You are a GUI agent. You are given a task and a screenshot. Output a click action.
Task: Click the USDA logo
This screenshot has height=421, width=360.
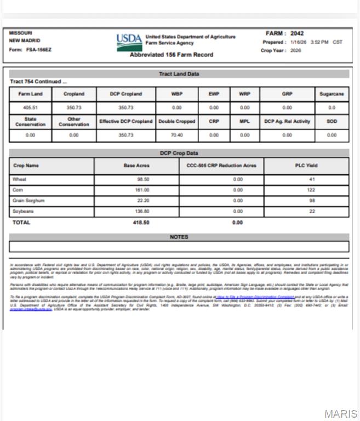pos(129,41)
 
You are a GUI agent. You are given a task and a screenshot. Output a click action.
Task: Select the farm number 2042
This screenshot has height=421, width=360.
pos(297,33)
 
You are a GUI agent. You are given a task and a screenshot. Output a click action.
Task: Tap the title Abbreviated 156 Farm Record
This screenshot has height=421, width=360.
pos(172,55)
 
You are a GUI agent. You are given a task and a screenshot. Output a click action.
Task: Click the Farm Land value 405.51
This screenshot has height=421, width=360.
pos(30,108)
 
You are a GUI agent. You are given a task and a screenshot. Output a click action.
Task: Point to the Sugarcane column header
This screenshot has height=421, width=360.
pos(332,94)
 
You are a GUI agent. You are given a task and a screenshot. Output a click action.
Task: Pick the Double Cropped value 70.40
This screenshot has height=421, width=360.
pos(176,135)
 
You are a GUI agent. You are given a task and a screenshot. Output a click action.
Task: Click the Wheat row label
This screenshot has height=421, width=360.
pos(20,179)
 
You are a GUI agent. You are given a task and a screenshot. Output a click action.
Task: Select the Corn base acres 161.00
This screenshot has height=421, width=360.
pos(142,190)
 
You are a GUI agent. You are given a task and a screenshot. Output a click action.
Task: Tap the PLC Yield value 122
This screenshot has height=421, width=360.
pos(311,190)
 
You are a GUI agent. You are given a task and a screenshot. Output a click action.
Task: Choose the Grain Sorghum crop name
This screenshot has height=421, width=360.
pos(28,201)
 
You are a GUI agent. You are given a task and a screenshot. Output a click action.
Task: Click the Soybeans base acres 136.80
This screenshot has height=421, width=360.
pos(142,212)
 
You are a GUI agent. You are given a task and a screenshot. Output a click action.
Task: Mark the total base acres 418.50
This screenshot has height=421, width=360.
pos(141,223)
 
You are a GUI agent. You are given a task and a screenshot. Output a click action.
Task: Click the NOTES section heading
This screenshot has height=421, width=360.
pos(179,237)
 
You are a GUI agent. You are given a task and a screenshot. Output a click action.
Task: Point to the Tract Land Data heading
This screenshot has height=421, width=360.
pos(179,74)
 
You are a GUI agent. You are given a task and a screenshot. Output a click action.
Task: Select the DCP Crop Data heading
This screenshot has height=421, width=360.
pos(179,153)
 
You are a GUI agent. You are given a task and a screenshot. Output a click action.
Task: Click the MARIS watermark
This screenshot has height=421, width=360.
pos(340,414)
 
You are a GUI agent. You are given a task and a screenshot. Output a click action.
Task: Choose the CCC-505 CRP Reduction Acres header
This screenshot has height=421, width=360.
pos(221,166)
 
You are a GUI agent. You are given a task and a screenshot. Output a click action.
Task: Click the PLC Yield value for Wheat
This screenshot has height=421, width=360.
pos(311,179)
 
